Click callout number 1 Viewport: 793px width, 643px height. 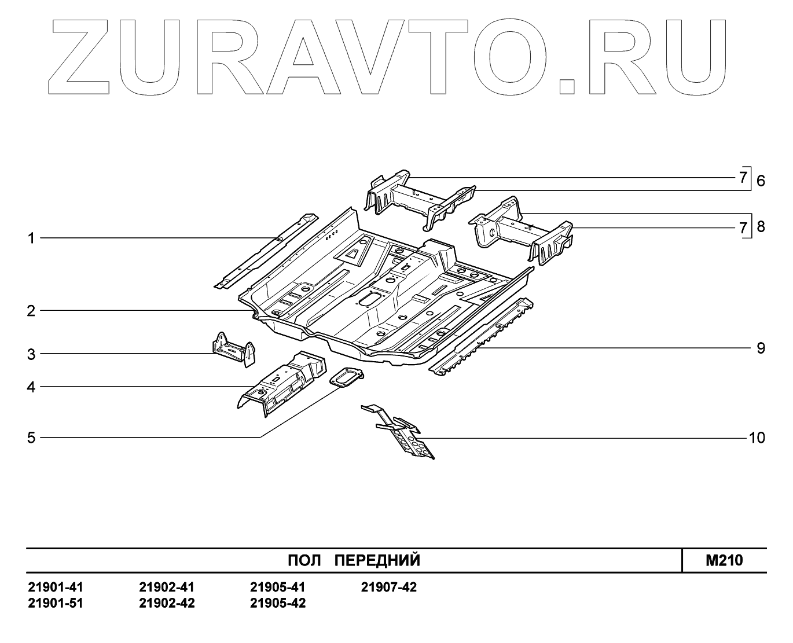click(x=31, y=238)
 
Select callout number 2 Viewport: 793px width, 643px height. click(x=31, y=311)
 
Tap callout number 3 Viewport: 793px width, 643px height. click(x=31, y=354)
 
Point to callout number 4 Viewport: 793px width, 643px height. click(x=31, y=387)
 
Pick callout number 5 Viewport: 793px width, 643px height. click(x=31, y=438)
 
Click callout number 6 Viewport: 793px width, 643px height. click(x=760, y=181)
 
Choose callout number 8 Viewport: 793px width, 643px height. click(x=760, y=226)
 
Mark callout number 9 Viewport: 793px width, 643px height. click(x=760, y=348)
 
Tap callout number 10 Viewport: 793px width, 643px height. click(x=757, y=438)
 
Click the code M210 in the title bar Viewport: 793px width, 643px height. click(x=724, y=560)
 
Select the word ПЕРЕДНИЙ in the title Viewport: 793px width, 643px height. click(x=378, y=560)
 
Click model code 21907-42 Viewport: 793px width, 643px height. click(x=388, y=587)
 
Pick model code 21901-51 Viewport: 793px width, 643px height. click(x=56, y=603)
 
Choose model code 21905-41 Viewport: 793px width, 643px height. click(x=278, y=587)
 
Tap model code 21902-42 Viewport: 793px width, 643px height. click(x=167, y=603)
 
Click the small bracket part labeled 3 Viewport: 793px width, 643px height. click(x=233, y=351)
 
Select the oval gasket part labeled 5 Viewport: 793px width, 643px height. click(x=346, y=378)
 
